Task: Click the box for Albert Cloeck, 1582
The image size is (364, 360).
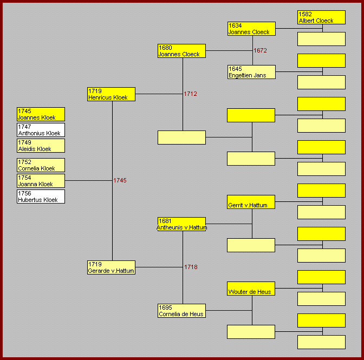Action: [321, 17]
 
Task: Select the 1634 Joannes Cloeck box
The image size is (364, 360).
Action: [251, 29]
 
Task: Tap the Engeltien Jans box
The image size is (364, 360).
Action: [251, 72]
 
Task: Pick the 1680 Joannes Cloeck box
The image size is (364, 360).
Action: [181, 51]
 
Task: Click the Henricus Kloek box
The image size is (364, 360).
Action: [111, 94]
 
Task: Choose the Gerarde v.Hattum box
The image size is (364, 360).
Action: [111, 267]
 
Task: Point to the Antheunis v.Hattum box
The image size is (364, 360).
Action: [181, 224]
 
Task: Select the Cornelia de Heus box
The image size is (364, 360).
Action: [181, 311]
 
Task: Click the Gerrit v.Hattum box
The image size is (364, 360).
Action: [251, 202]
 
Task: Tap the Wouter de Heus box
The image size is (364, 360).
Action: [251, 289]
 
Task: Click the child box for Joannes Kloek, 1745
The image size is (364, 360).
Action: [41, 114]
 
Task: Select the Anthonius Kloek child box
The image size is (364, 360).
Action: [41, 130]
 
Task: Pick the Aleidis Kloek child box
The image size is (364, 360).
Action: [41, 146]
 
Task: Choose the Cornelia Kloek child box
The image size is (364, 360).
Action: [41, 165]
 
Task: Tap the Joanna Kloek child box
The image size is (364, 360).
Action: [41, 181]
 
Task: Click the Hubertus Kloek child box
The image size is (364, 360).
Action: [41, 197]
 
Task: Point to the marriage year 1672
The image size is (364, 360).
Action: [261, 51]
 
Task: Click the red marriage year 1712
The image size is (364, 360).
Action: [190, 94]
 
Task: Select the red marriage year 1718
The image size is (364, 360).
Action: [191, 267]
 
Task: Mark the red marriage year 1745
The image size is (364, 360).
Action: [120, 181]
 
